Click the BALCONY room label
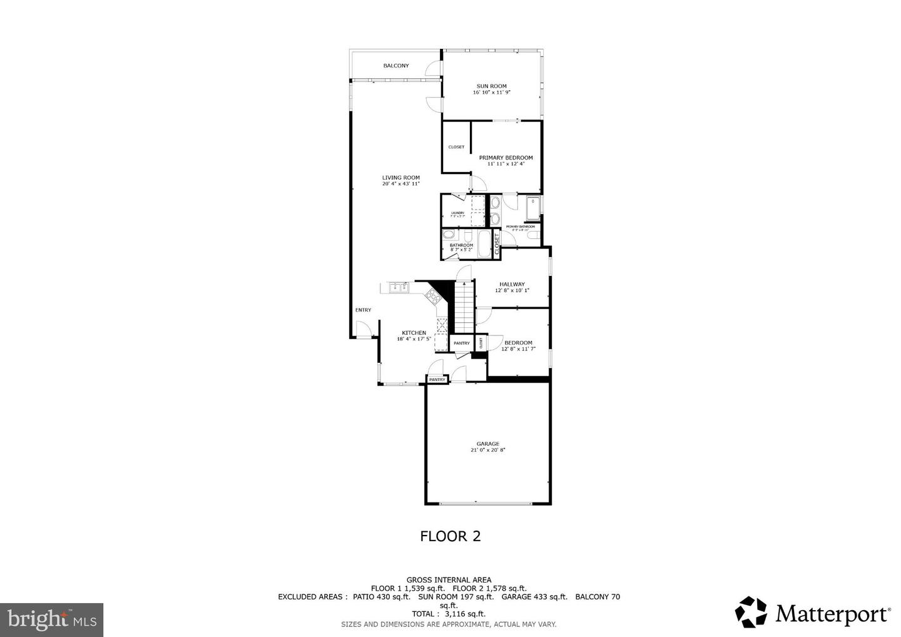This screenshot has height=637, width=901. point(396,66)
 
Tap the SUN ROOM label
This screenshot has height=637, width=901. point(492,86)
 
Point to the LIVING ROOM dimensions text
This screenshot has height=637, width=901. point(401,184)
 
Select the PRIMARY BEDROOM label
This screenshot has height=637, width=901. point(506,158)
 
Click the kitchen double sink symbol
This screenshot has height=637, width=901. point(399,288)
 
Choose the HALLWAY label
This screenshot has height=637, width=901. point(512,284)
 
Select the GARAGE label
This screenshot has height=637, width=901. point(487,444)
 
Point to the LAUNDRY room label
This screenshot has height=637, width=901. point(457,213)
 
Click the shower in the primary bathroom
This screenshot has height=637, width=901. point(533,209)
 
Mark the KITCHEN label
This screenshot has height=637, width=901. point(414,333)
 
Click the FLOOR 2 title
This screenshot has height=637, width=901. point(450,536)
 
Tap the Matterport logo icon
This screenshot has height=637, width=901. point(751,612)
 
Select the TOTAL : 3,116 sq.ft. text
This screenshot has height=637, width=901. point(449,614)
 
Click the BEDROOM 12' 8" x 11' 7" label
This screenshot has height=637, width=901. point(518,342)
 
